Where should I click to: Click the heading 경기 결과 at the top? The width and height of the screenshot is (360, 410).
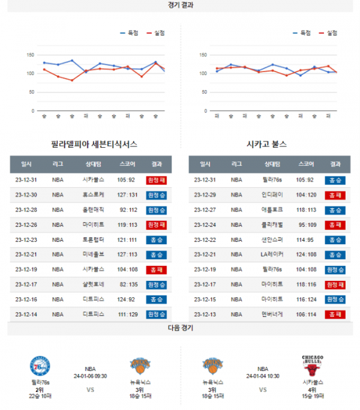click(x=181, y=5)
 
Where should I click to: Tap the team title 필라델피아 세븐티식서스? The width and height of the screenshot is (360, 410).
click(x=94, y=145)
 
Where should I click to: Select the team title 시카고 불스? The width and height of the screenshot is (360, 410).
click(x=266, y=145)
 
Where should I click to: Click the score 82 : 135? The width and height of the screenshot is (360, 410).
click(x=127, y=285)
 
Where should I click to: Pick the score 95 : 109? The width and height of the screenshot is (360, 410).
click(x=306, y=225)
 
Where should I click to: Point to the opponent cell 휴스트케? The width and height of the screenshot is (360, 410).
click(x=93, y=194)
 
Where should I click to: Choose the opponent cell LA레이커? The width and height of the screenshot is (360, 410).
click(x=272, y=255)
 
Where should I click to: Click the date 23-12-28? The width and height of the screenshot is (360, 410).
click(x=26, y=210)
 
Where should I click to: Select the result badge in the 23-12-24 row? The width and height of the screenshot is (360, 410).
click(x=335, y=225)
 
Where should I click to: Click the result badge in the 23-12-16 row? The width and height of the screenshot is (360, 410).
click(x=156, y=300)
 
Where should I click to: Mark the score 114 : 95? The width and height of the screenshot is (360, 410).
click(x=306, y=240)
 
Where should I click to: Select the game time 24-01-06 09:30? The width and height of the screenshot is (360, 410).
click(x=91, y=376)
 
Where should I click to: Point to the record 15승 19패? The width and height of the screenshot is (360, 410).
click(x=313, y=396)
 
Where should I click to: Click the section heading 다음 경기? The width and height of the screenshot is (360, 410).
click(x=181, y=328)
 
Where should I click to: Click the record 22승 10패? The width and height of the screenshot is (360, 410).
click(x=40, y=396)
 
